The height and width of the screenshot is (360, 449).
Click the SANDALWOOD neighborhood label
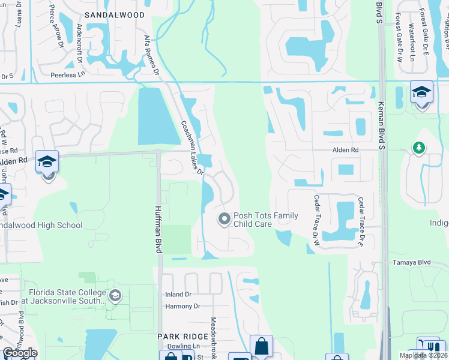tap(115, 14)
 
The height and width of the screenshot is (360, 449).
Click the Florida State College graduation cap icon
tap(115, 295)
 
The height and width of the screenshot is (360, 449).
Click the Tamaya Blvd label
tap(412, 262)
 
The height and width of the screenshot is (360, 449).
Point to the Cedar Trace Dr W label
tap(314, 220)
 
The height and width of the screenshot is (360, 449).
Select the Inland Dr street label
tap(178, 295)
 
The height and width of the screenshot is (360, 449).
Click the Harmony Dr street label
tap(182, 306)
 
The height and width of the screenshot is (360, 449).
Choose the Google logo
tap(20, 353)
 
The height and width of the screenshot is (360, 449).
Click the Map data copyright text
tap(423, 355)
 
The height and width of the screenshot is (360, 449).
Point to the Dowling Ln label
tap(183, 346)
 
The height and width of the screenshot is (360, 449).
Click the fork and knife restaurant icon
tap(428, 347)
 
